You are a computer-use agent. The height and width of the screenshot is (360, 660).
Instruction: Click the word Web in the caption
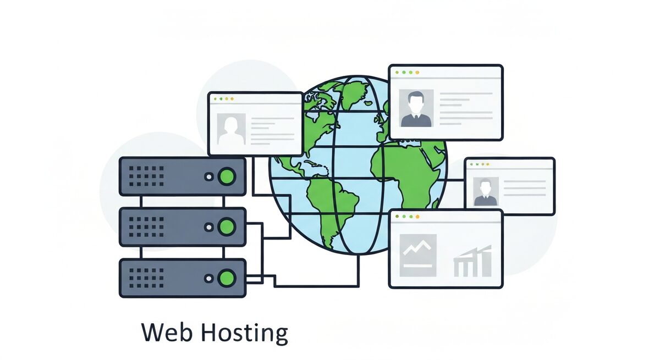166,333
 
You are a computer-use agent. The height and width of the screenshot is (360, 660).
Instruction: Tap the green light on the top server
226,176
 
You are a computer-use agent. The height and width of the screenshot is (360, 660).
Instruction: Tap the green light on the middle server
226,226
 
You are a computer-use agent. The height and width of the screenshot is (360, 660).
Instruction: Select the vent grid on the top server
150,176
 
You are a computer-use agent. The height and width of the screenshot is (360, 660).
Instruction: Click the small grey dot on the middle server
208,226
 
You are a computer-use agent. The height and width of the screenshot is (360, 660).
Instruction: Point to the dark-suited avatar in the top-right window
416,108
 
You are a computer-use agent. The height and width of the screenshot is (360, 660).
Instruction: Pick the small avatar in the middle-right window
485,191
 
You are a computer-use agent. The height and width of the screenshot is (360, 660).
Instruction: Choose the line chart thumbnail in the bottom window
418,254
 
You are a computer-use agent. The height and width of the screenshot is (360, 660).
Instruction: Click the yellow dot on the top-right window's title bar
417,72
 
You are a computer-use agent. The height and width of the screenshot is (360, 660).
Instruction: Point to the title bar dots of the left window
223,99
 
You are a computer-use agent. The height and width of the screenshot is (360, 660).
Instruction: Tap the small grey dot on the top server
208,177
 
